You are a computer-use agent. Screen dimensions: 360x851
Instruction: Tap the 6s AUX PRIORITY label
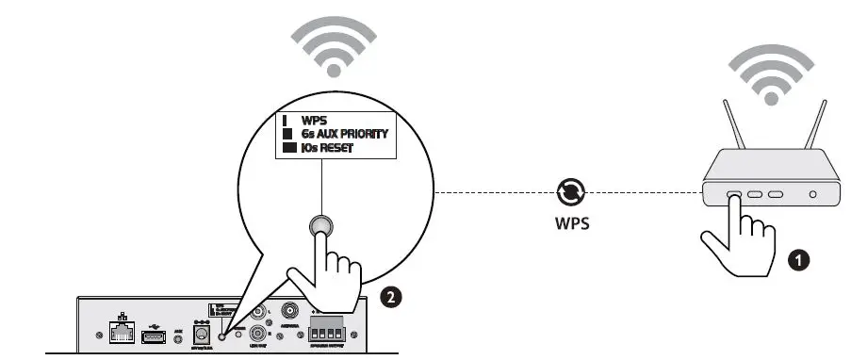(344, 135)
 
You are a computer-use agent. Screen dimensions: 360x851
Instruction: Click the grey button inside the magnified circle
(320, 225)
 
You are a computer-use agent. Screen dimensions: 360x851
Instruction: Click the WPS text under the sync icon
(571, 225)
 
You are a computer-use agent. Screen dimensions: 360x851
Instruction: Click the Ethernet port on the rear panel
(120, 332)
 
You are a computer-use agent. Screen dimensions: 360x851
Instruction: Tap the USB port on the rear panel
(154, 334)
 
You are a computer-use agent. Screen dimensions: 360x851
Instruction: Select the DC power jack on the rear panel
(200, 333)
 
